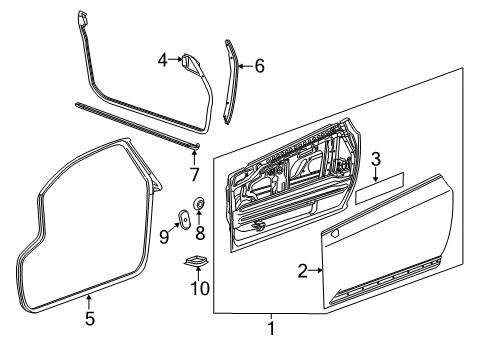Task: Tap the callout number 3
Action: [376, 158]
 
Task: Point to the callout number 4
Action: [163, 62]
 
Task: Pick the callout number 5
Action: [89, 320]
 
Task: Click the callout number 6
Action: [259, 67]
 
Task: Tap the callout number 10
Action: [196, 290]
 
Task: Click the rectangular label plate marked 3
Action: [377, 182]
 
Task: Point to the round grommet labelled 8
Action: [198, 206]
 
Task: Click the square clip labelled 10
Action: [196, 263]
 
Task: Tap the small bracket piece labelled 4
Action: [188, 62]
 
